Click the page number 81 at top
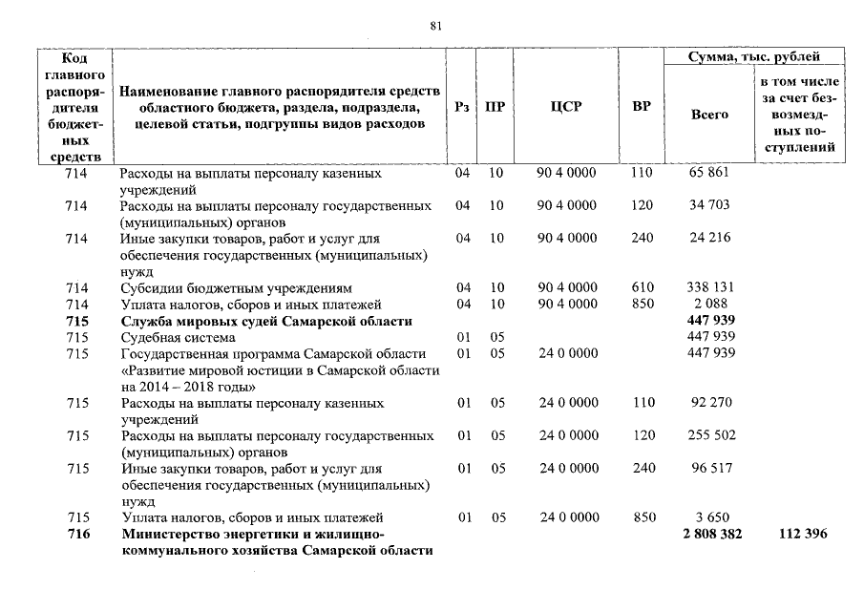[435, 27]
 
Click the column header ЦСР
[566, 107]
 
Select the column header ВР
[642, 107]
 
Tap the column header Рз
[463, 107]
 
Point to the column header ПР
[495, 107]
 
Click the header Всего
[709, 115]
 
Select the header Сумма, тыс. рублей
[754, 57]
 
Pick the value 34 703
[709, 205]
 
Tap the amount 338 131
[709, 287]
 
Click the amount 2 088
[709, 304]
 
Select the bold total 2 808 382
[711, 534]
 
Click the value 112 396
[802, 534]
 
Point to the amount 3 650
[709, 517]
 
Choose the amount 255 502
[709, 435]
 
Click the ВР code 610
[643, 287]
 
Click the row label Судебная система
[177, 337]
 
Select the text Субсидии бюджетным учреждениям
[236, 287]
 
